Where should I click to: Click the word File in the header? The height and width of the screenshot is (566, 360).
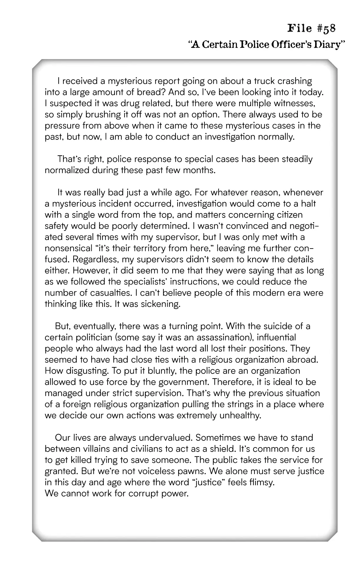coord(300,29)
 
